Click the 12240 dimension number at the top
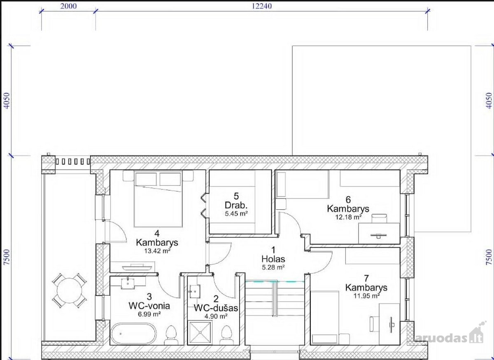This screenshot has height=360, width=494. coord(262,6)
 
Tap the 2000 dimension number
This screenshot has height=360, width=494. coord(69,6)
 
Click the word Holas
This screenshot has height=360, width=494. coord(273,259)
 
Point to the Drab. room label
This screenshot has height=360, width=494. coord(236,206)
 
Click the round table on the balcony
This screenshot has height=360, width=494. coord(70,290)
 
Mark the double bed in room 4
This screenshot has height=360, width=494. coord(158,199)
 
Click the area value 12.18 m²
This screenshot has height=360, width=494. coord(348,217)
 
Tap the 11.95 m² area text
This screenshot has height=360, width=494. coord(366,296)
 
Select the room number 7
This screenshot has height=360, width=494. coord(367,279)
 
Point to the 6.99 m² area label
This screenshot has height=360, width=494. coord(149,314)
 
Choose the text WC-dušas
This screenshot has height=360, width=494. coord(216,308)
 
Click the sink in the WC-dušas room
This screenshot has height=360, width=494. coord(195,292)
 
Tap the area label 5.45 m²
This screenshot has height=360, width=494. coord(236,213)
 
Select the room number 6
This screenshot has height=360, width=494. coord(348,199)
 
